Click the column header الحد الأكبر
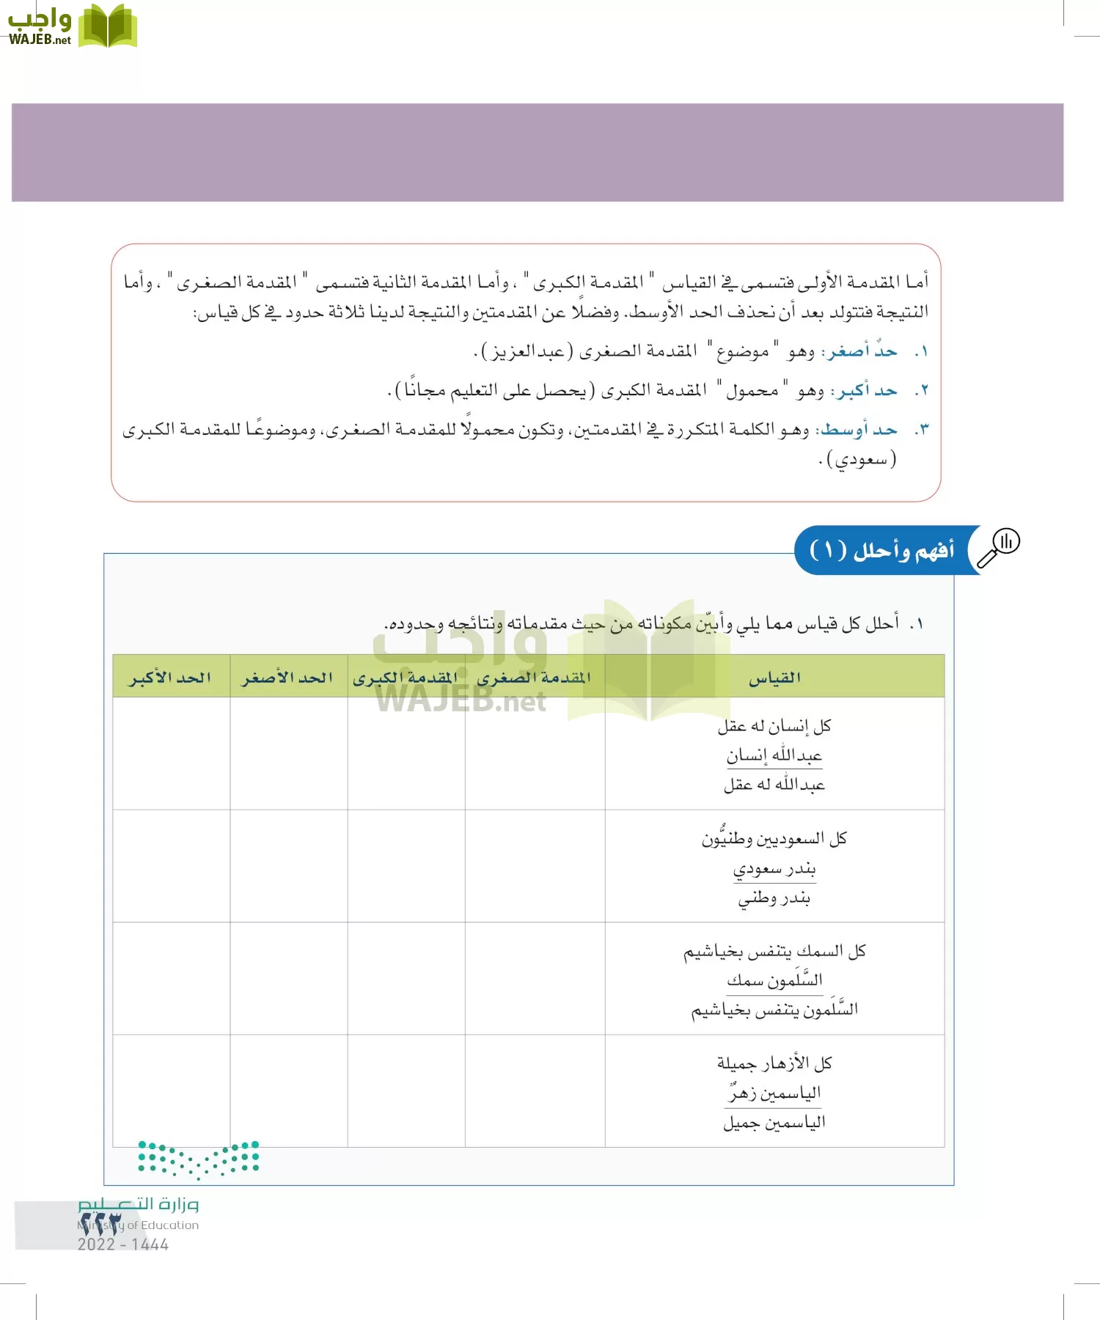pos(171,678)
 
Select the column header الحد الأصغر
pos(287,678)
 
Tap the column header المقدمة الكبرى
pos(406,678)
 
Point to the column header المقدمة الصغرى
pos(534,678)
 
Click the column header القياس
pos(774,678)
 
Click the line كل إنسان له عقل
pos(774,726)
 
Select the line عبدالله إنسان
pos(774,755)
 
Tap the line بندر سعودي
pos(774,869)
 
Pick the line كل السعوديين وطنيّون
pos(774,838)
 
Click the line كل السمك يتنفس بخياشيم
pos(774,951)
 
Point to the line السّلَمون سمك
pos(774,980)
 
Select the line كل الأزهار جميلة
pos(774,1063)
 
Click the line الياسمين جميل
pos(774,1123)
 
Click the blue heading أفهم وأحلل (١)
pos(882,550)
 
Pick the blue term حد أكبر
pos(864,390)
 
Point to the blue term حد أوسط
pos(858,429)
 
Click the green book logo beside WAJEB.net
pos(107,26)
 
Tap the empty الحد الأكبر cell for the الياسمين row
pos(171,1090)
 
